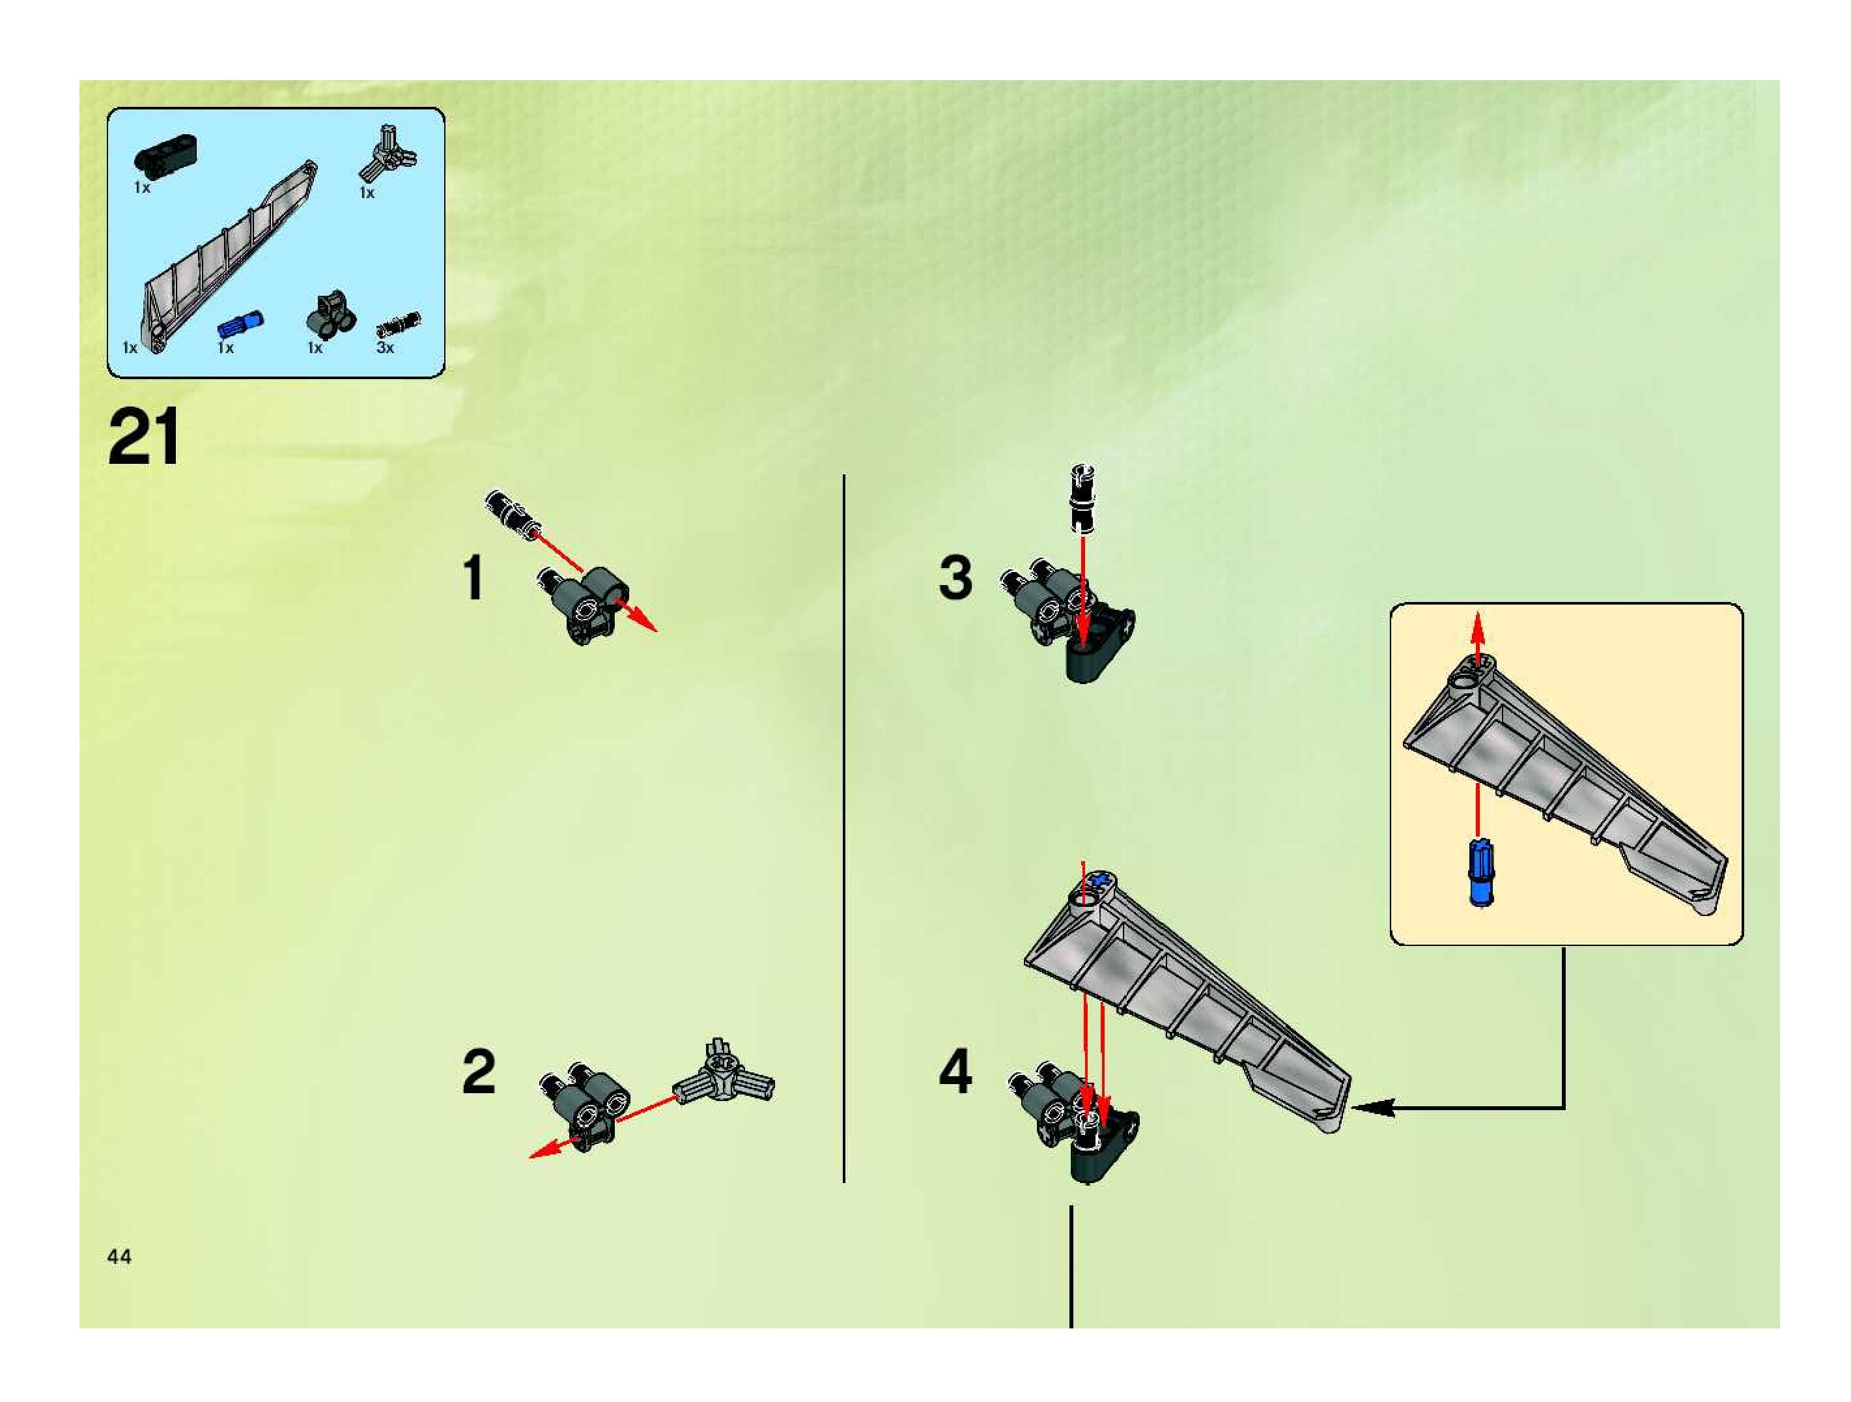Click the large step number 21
pos(143,437)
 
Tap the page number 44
pos(119,1256)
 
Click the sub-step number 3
pos(955,577)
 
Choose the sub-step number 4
pos(955,1072)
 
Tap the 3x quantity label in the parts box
pos(385,347)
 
